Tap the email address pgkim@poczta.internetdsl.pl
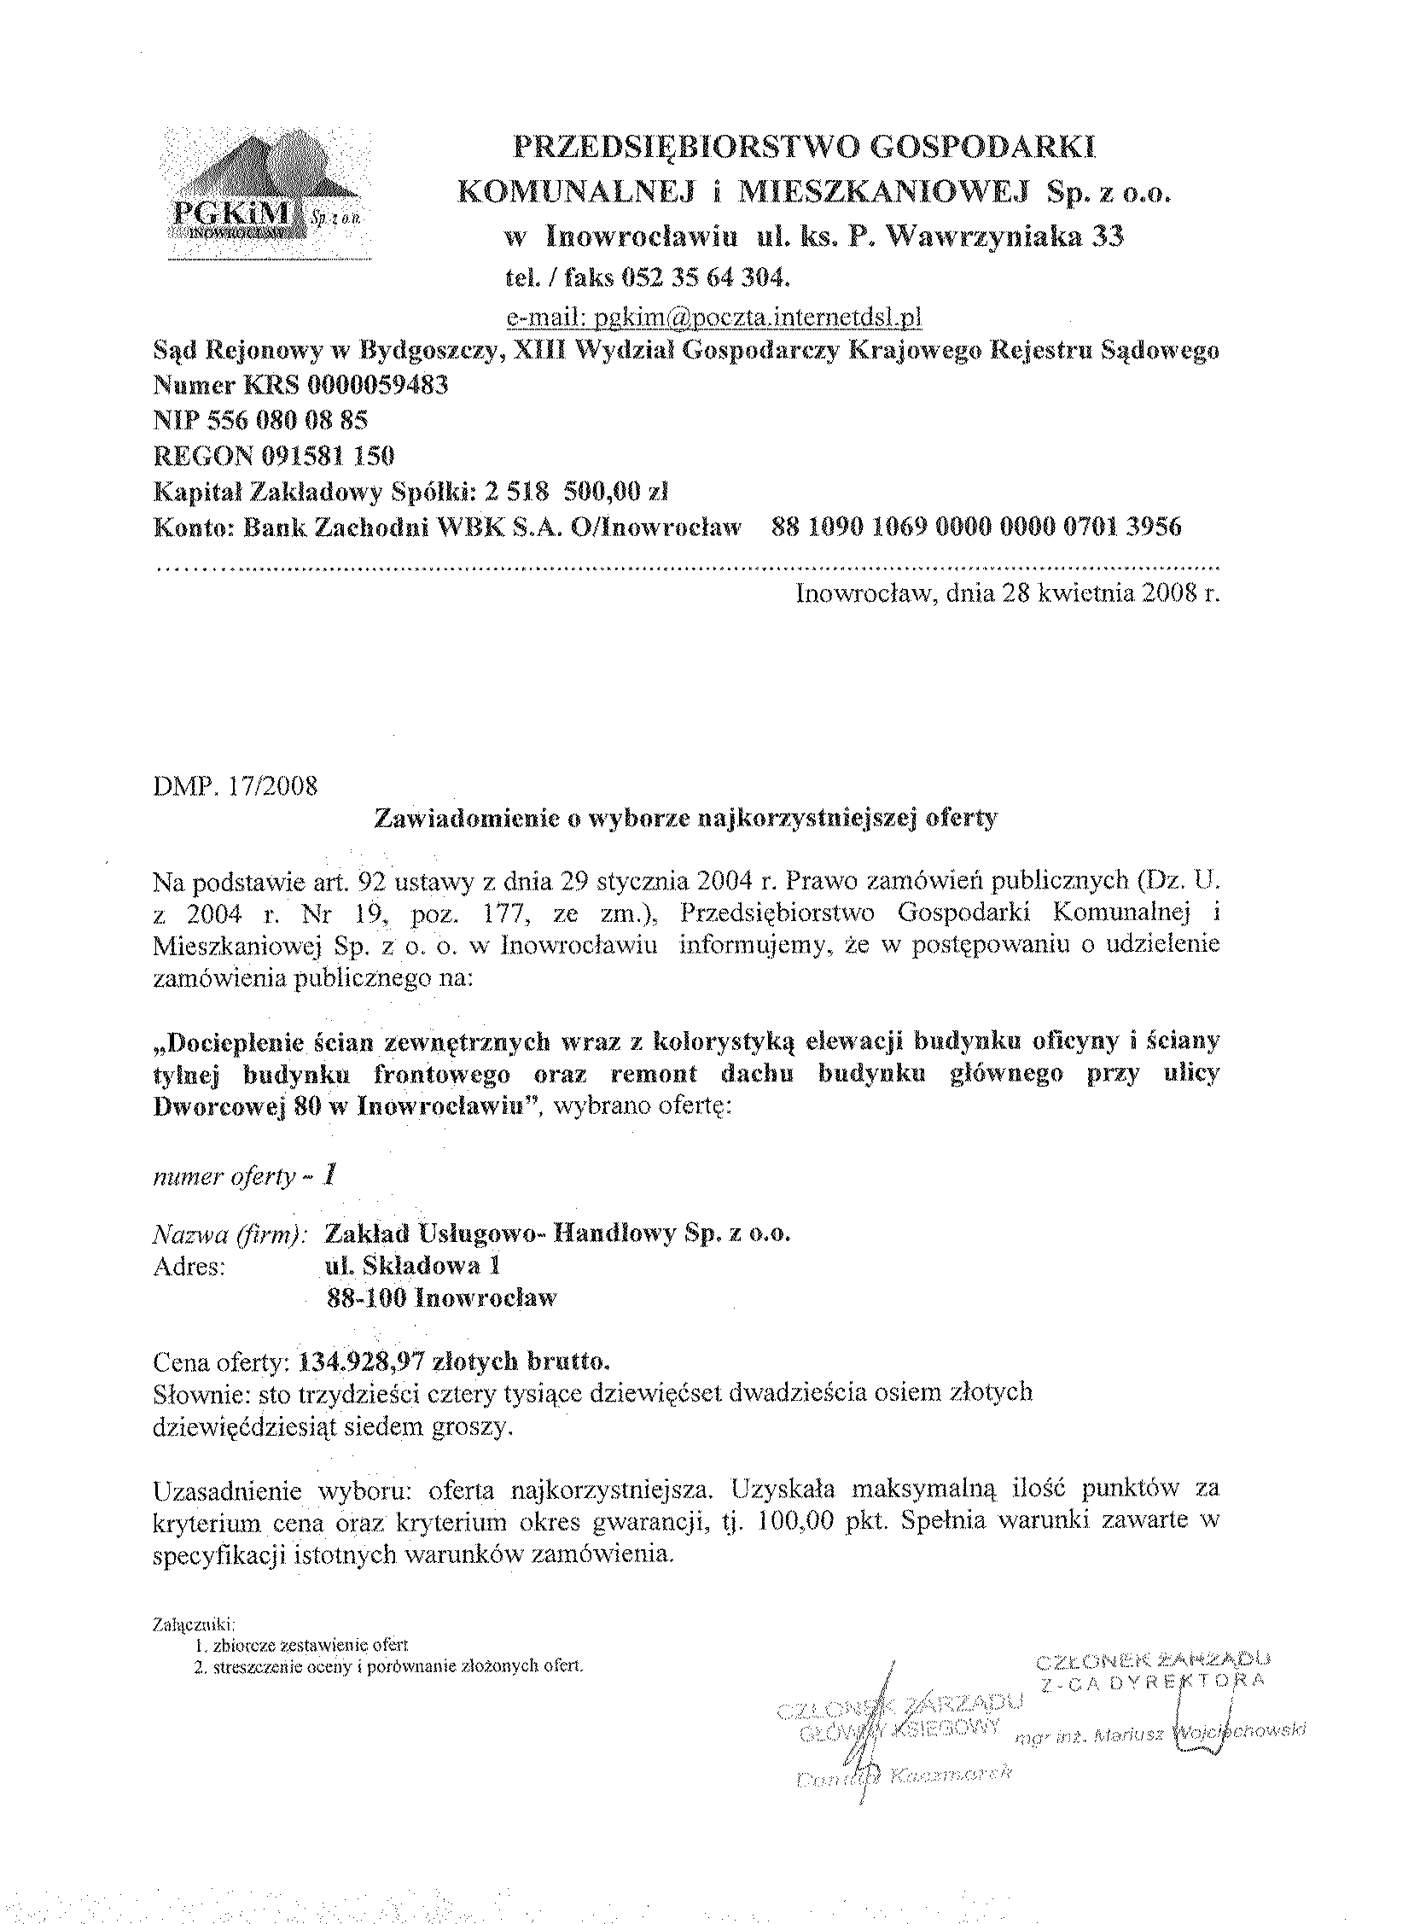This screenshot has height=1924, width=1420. [714, 319]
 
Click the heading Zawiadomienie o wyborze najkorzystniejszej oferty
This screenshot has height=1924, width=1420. [686, 818]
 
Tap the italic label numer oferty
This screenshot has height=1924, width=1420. [224, 1177]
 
